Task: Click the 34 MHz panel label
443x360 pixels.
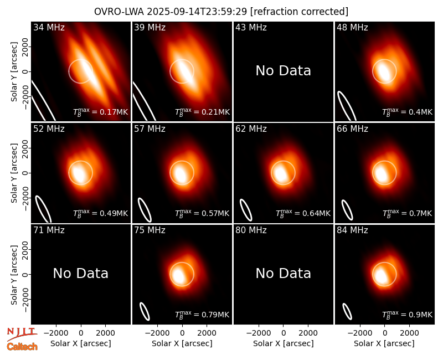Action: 49,27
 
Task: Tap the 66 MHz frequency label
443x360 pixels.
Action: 352,129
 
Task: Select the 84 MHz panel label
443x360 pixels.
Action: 352,230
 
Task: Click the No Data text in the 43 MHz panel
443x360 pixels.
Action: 283,71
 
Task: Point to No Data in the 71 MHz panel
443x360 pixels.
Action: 80,274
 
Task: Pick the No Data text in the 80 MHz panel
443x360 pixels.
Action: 283,274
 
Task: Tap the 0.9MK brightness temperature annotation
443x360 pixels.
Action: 420,315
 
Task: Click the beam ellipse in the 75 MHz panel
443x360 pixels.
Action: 145,312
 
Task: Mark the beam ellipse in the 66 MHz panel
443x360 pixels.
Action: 347,210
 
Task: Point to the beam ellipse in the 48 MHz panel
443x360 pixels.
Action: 347,106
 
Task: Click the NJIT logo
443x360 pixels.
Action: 22,333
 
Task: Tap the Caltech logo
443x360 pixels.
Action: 22,347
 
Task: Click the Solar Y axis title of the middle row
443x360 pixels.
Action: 14,173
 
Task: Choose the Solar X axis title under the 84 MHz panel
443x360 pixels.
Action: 384,343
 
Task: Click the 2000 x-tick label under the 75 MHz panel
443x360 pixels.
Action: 207,333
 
